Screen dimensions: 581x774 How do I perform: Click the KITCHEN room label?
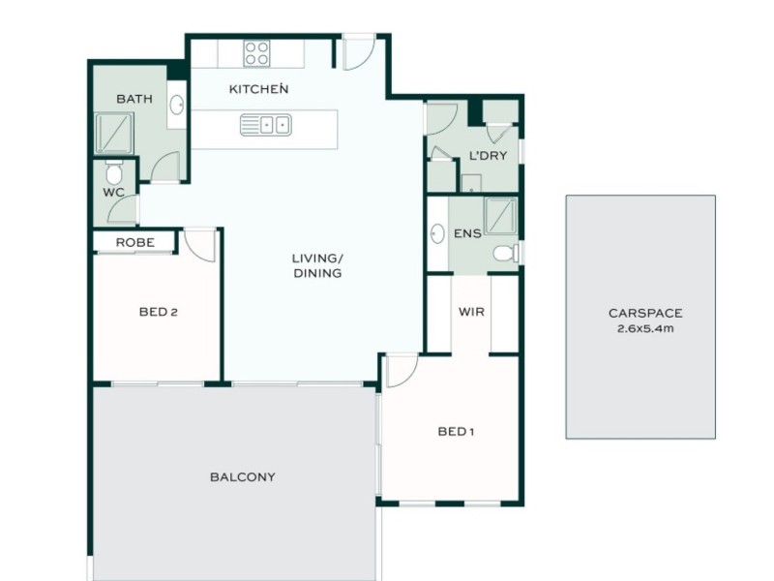click(x=258, y=89)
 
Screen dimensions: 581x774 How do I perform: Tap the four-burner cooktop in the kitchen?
click(x=257, y=52)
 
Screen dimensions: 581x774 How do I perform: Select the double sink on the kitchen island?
click(x=265, y=124)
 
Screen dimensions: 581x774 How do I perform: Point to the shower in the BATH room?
click(x=113, y=133)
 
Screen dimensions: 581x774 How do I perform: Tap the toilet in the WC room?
click(x=114, y=174)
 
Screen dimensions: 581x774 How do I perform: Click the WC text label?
click(x=114, y=192)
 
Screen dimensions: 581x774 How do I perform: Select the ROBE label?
click(x=134, y=242)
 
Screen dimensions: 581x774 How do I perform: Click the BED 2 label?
click(x=157, y=312)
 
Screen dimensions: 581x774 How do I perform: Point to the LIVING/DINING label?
click(x=317, y=266)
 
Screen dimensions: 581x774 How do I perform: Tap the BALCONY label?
click(x=243, y=476)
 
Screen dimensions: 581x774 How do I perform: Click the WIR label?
click(x=471, y=312)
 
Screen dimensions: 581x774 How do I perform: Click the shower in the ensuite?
click(x=500, y=216)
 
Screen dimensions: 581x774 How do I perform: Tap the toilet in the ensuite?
click(x=504, y=253)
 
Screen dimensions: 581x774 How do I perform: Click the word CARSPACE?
click(x=645, y=313)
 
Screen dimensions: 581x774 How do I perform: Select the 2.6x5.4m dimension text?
click(x=645, y=328)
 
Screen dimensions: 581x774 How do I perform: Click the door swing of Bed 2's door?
click(x=200, y=244)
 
